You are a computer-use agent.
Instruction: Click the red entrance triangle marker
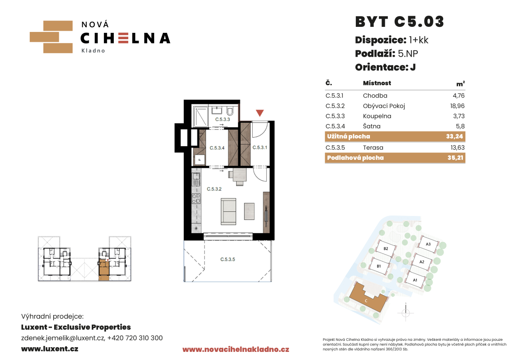coord(260,113)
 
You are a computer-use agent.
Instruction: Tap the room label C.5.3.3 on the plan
coord(222,119)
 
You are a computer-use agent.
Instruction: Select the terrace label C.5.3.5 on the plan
coord(228,259)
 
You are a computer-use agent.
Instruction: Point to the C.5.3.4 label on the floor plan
coord(217,148)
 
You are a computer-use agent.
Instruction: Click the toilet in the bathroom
coord(230,111)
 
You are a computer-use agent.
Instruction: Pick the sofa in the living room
coord(228,211)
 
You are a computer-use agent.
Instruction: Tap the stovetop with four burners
coord(196,199)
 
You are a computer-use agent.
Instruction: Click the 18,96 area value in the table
coord(457,106)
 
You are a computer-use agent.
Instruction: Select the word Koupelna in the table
coord(377,116)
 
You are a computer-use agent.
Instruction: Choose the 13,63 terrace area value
coord(458,147)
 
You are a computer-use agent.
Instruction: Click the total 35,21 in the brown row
coord(455,158)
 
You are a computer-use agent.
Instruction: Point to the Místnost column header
coord(377,83)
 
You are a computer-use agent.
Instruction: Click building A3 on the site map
coord(428,244)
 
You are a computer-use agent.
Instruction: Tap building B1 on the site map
coord(379,266)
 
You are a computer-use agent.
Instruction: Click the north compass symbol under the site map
coord(406,313)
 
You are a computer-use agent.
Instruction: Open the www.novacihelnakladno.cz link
coord(236,350)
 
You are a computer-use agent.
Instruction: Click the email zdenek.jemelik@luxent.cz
coord(63,338)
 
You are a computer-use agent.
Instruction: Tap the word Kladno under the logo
coord(93,51)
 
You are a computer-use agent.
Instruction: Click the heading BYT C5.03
coord(399,22)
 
